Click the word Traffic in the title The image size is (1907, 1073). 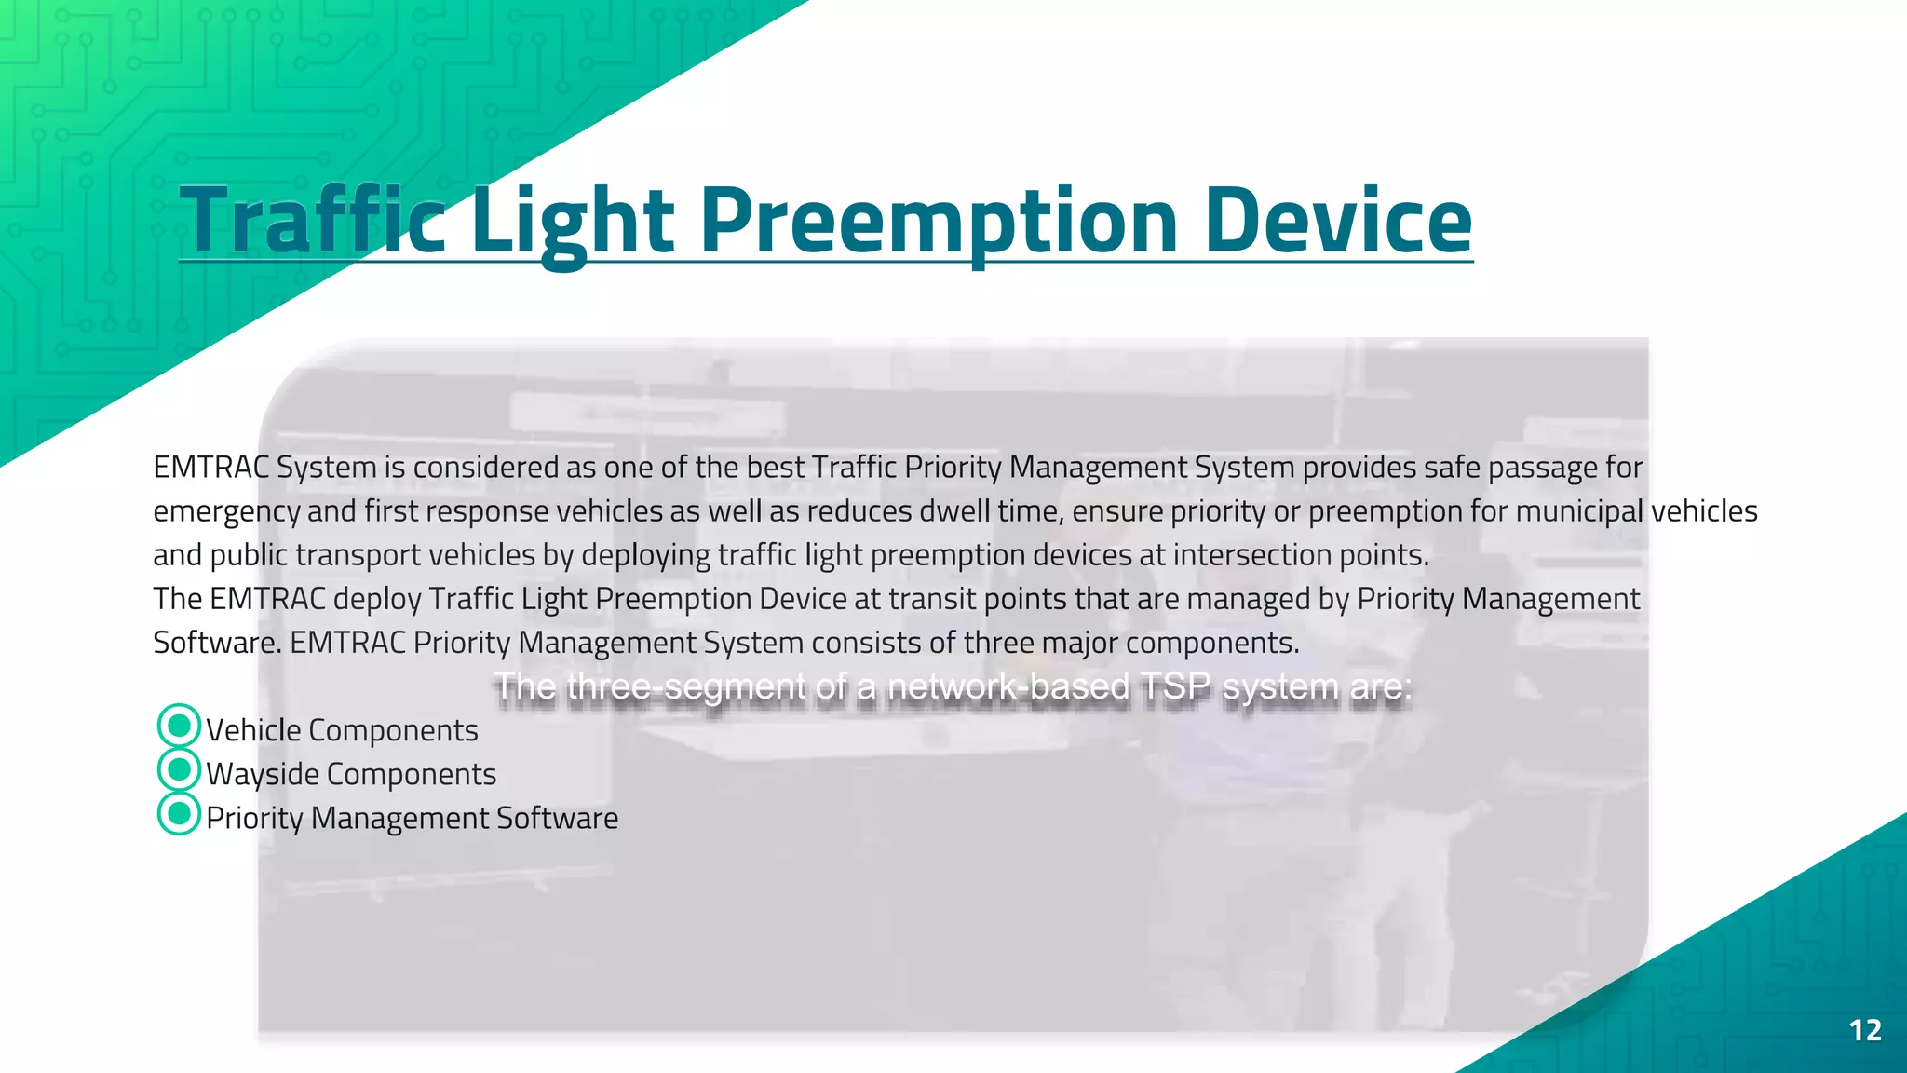[312, 221]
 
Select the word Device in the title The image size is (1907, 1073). [1338, 221]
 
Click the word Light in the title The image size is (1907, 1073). [572, 221]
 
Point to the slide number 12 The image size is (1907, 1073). [1865, 1030]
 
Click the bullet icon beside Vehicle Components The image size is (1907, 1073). [179, 726]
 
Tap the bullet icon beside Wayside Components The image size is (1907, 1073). [179, 769]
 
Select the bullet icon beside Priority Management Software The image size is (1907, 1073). [179, 813]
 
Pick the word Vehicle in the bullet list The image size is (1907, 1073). [253, 730]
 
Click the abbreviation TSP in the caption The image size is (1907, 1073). [1175, 686]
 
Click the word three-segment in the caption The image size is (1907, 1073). [686, 686]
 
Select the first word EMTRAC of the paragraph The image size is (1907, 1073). [210, 467]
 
